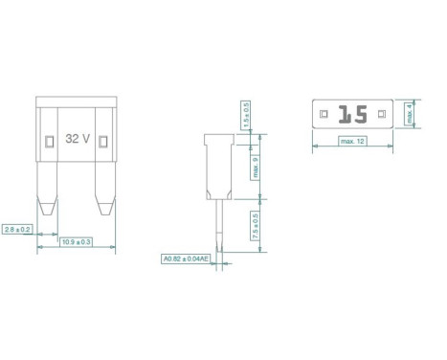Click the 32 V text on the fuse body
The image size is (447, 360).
point(78,139)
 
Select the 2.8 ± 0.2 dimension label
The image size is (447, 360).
point(18,230)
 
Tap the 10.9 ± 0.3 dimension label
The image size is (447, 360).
point(76,242)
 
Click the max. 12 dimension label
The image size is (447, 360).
point(353,142)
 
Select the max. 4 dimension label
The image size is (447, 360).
point(408,115)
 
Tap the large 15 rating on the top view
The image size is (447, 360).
point(353,115)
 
